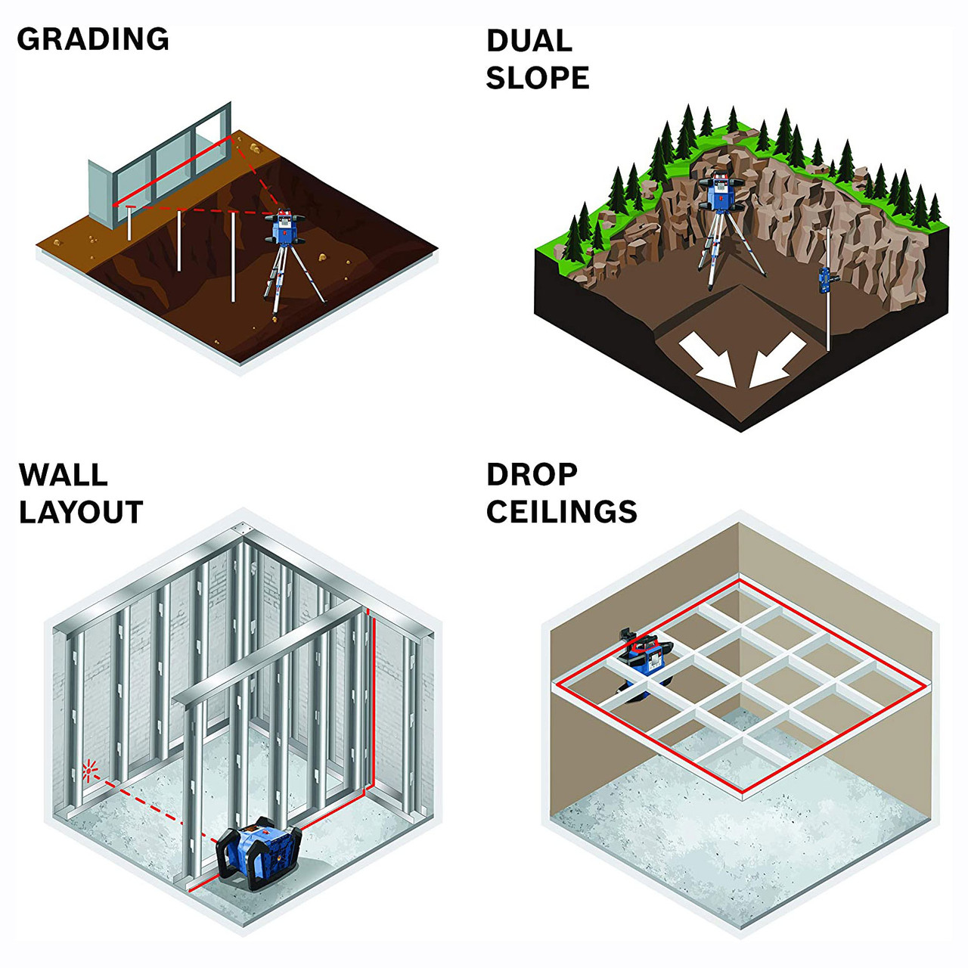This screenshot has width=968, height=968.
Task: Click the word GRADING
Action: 93,39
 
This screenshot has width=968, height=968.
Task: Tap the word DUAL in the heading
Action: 529,41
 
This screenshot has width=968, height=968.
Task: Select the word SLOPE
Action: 538,78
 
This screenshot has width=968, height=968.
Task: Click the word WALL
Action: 64,475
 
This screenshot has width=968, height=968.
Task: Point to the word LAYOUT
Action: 82,512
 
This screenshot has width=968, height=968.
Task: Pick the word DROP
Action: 532,475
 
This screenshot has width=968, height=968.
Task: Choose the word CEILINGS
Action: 562,512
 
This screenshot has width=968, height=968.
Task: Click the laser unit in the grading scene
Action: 285,228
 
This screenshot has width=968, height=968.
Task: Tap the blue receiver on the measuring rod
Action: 824,281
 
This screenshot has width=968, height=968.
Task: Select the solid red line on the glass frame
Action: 172,172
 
